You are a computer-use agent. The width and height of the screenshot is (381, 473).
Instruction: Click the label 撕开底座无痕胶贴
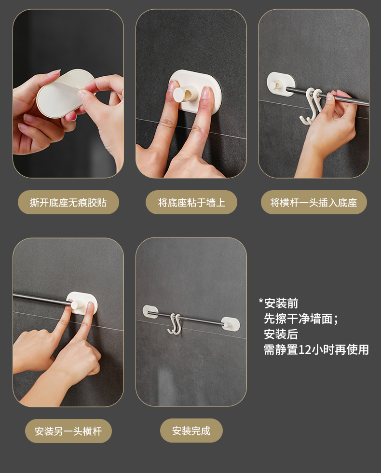click(x=68, y=202)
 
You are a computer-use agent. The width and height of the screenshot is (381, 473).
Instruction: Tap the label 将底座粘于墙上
click(x=191, y=202)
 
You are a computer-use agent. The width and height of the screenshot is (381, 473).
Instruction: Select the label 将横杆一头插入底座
click(x=313, y=202)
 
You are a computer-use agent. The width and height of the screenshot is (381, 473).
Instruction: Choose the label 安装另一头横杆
click(x=68, y=431)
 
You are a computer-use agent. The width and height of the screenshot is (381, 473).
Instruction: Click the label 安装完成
click(x=191, y=431)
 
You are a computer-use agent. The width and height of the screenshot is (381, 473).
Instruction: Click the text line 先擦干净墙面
click(x=301, y=319)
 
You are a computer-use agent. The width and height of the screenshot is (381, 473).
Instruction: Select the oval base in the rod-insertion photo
click(x=281, y=84)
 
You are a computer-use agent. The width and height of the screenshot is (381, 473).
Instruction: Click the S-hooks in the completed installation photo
click(x=175, y=324)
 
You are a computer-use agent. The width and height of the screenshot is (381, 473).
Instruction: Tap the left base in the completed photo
click(x=150, y=312)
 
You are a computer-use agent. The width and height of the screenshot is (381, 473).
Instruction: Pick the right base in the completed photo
click(x=231, y=324)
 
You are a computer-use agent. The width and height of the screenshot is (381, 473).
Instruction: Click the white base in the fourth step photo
click(x=82, y=303)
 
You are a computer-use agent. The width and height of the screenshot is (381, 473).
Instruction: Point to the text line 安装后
click(x=281, y=334)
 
